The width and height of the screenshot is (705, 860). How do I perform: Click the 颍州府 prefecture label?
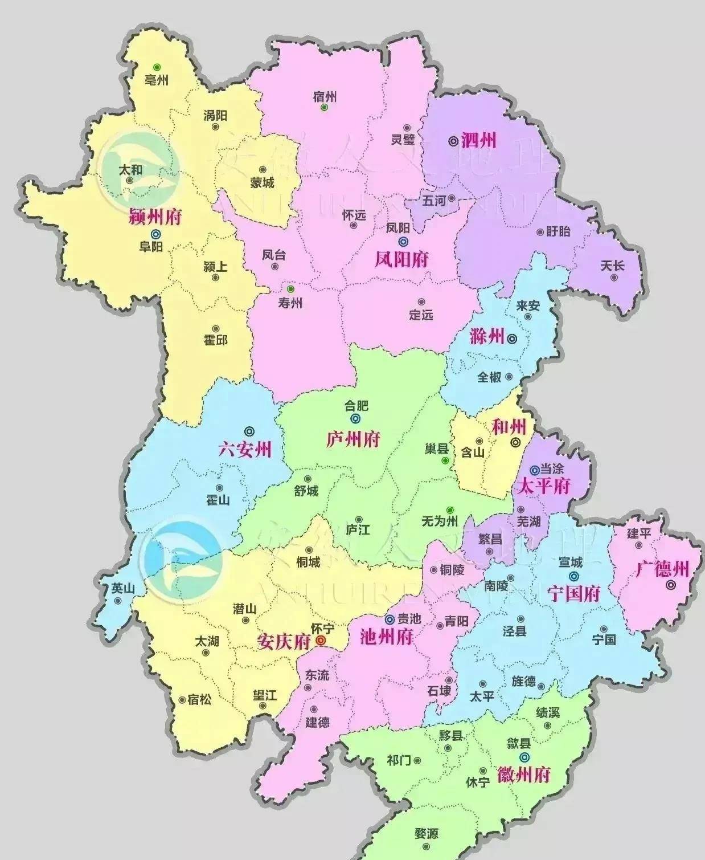coord(155,217)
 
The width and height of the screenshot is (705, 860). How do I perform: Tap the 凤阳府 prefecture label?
coord(401,260)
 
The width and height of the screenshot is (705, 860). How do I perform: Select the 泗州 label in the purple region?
coord(479,140)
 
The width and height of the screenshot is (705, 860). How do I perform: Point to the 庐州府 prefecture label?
coord(353,439)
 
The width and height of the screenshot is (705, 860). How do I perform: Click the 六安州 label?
coord(245,450)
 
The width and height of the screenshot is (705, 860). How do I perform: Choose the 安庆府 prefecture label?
coord(284,642)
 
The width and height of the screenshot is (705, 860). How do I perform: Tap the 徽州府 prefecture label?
coord(524,775)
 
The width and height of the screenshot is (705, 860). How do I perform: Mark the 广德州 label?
coord(662,569)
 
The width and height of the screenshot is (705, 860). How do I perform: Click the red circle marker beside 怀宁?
coord(321,641)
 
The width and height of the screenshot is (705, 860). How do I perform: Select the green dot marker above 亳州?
coord(156,67)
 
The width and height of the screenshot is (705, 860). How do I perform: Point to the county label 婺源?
coord(427,834)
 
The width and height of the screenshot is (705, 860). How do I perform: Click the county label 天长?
coord(613,266)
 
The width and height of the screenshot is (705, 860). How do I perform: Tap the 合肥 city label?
coord(356,406)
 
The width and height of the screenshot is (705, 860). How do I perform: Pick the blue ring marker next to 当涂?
coord(534,470)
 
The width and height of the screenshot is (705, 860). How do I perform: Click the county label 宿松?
coord(199,699)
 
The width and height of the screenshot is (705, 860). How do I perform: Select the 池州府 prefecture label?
coord(387,637)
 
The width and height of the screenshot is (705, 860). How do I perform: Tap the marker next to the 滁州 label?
coord(512,339)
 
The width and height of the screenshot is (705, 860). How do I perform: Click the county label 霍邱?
coord(216,340)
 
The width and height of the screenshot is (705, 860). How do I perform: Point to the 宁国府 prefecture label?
coord(574,594)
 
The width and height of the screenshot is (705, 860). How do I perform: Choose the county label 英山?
coord(123,588)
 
